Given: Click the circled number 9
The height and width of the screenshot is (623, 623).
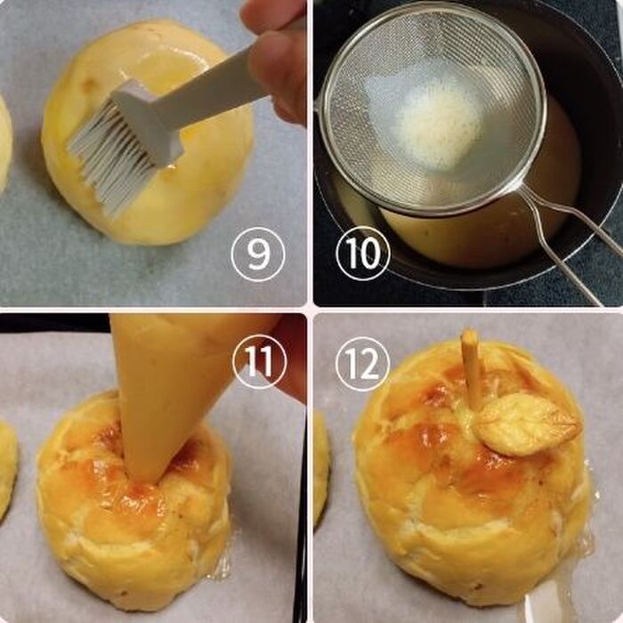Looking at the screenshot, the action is click(x=258, y=255).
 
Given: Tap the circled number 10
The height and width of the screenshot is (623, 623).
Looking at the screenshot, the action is click(x=363, y=254).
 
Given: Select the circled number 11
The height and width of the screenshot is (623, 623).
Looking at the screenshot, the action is click(x=259, y=361).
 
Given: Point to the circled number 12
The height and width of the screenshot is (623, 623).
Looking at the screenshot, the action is click(x=362, y=364).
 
